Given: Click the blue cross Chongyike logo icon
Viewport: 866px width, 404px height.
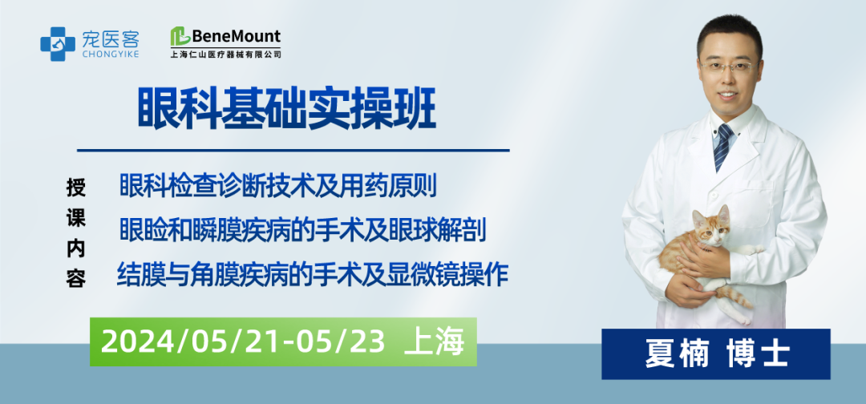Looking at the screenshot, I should pyautogui.click(x=58, y=44).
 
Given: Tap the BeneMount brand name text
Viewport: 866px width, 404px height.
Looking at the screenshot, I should pyautogui.click(x=236, y=36).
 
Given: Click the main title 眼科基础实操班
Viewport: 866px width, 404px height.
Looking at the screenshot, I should pyautogui.click(x=286, y=111).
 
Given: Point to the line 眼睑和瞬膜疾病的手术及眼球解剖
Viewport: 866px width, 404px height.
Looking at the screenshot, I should pyautogui.click(x=302, y=231).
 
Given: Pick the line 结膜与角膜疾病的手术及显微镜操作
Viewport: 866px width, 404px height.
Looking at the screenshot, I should pyautogui.click(x=313, y=274).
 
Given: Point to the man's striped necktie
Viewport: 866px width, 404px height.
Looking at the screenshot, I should pyautogui.click(x=722, y=147).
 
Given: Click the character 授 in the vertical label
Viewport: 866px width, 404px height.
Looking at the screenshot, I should pyautogui.click(x=76, y=187).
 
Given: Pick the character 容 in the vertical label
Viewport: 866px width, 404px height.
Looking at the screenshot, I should pyautogui.click(x=76, y=278).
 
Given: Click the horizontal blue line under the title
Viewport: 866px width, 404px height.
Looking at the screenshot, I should pyautogui.click(x=293, y=150).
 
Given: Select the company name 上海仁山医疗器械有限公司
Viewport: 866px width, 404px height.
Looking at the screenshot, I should pyautogui.click(x=225, y=55).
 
